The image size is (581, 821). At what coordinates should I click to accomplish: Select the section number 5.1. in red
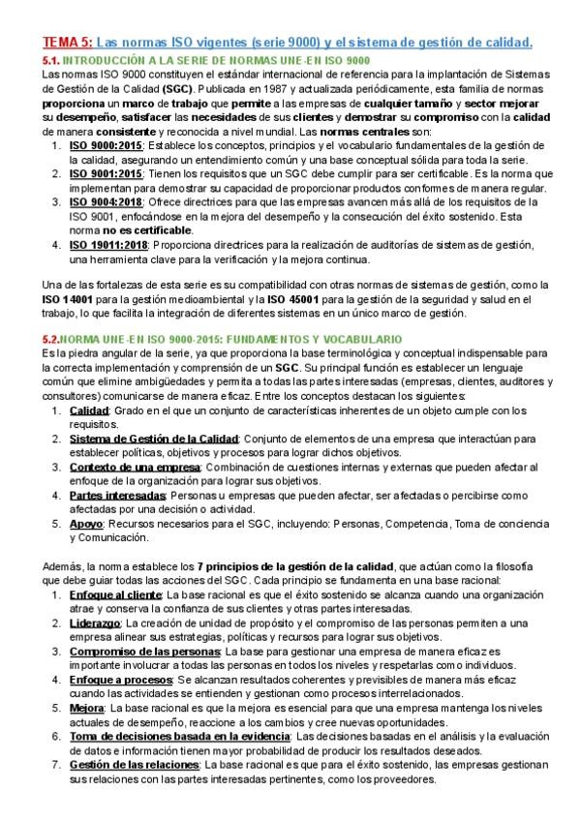click(x=53, y=60)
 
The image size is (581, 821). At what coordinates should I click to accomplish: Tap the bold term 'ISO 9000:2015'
click(x=105, y=145)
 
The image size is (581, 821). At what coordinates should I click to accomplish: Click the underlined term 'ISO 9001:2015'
click(x=105, y=173)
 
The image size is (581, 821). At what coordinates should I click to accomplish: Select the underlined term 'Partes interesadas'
click(x=112, y=495)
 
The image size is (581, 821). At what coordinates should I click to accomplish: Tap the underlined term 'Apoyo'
click(x=85, y=523)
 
